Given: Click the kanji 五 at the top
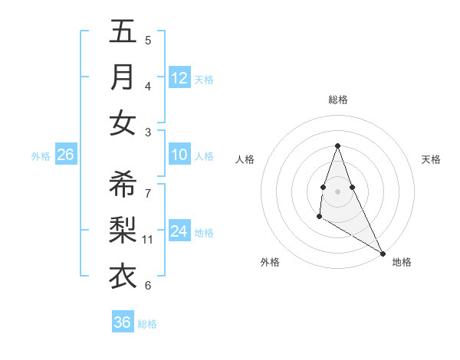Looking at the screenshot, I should click(123, 31).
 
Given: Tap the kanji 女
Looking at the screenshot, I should click(123, 123).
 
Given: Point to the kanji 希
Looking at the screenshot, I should click(123, 185).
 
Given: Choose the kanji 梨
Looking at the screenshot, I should click(123, 231).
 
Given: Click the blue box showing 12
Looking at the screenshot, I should click(179, 78).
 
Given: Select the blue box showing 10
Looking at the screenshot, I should click(179, 155).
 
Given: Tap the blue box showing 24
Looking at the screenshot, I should click(179, 232).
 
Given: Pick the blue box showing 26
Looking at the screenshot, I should click(65, 155).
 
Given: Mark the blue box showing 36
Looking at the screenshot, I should click(122, 322).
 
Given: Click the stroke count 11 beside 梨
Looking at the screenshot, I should click(149, 240).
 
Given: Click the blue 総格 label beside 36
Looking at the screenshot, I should click(147, 324).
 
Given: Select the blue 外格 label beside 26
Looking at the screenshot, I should click(41, 156).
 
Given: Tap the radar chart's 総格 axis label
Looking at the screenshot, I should click(337, 100).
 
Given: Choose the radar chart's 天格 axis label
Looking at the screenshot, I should click(431, 159).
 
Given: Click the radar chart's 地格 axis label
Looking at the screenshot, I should click(402, 262).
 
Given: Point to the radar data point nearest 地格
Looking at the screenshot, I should click(383, 254).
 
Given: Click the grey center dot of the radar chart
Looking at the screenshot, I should click(337, 191).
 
